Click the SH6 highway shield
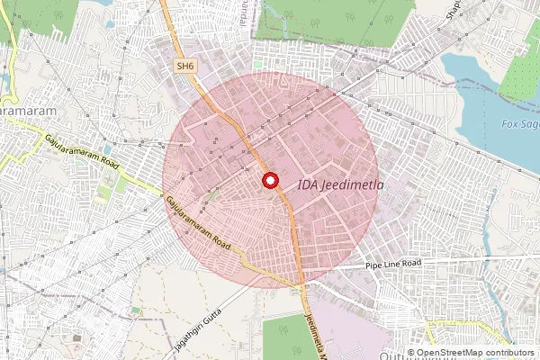pos(185,66)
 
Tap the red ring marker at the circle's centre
pos(269,180)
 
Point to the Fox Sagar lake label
pos(519,123)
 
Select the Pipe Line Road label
pos(393,264)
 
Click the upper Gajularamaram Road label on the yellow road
pos(83,153)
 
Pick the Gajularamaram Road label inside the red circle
pos(200,226)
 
